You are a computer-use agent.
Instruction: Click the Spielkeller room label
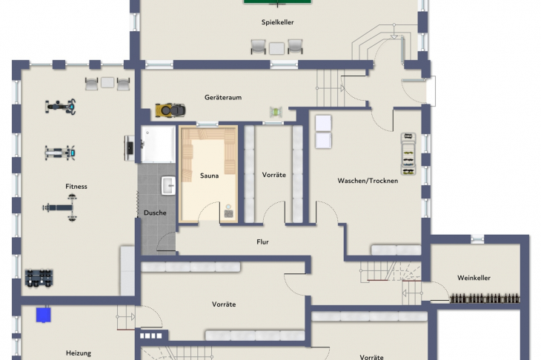click(x=277, y=22)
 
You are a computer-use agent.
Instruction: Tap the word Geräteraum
click(x=223, y=98)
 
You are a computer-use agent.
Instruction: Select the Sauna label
click(x=210, y=176)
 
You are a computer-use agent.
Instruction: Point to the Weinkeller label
click(x=474, y=278)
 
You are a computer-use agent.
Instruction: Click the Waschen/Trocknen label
click(x=368, y=181)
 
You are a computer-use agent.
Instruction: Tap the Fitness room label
click(x=76, y=187)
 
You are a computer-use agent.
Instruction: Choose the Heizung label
click(x=79, y=353)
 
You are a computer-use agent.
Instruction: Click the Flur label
click(x=262, y=242)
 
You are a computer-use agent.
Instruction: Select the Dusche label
click(x=155, y=213)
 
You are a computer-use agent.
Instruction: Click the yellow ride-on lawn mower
click(x=170, y=110)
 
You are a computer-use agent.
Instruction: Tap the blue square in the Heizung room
click(x=44, y=315)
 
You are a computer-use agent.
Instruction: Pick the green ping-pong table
click(x=277, y=1)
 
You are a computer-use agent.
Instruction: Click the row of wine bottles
click(x=485, y=299)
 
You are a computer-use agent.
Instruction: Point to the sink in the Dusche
click(x=168, y=185)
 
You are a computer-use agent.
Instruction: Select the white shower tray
click(x=159, y=144)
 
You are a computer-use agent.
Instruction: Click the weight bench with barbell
click(x=60, y=207)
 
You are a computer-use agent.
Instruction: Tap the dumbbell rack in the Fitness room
click(x=39, y=278)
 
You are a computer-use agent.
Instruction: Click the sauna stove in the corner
click(x=228, y=212)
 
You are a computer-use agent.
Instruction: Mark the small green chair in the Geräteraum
click(x=276, y=112)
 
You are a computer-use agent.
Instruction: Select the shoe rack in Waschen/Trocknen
click(x=408, y=154)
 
